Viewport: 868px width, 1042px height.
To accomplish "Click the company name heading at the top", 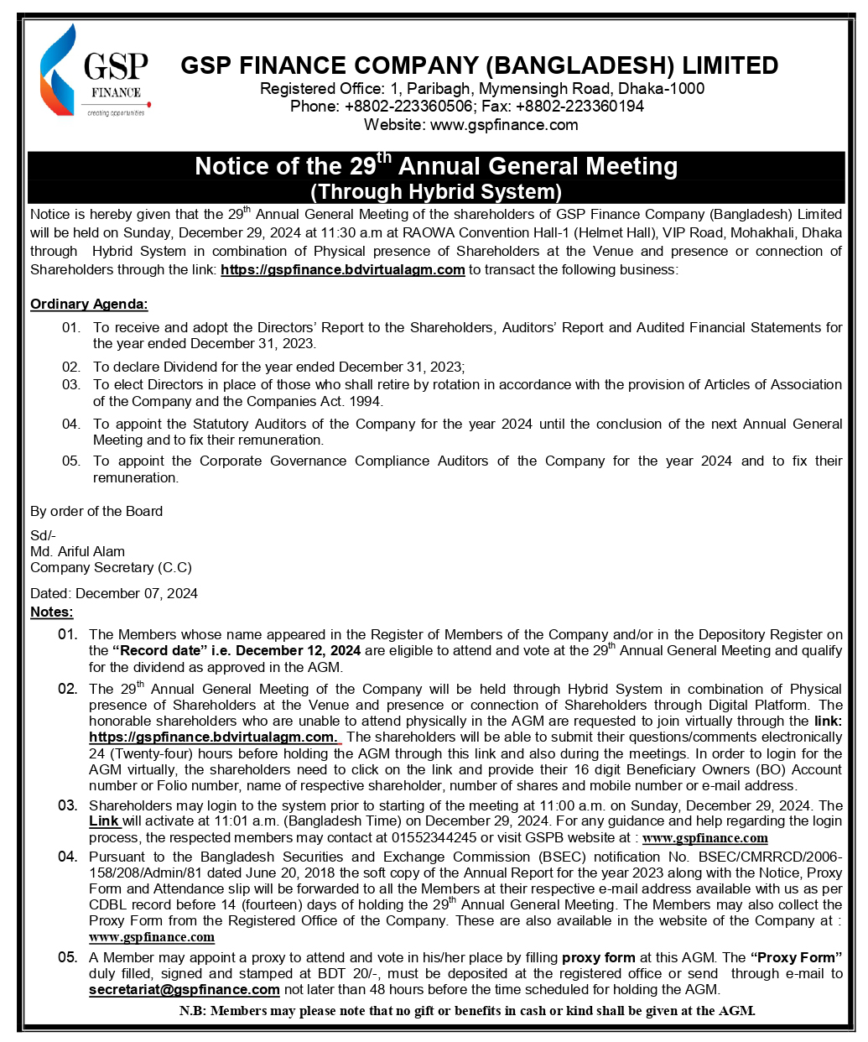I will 480,65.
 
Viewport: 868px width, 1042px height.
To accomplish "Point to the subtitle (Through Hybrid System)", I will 436,191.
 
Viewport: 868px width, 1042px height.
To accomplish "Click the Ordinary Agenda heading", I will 89,305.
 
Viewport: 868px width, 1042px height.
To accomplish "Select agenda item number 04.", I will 71,424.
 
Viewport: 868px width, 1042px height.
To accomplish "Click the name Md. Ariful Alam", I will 77,551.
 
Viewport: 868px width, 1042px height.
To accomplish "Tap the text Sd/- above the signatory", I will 43,535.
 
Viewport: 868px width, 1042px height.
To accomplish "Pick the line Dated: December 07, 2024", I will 114,593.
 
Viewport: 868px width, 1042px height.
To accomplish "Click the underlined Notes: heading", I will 52,612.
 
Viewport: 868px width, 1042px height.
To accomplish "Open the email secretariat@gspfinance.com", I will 185,990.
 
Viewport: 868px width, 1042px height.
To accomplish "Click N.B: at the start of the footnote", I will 193,1011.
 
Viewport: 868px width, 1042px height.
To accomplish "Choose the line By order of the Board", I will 96,511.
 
